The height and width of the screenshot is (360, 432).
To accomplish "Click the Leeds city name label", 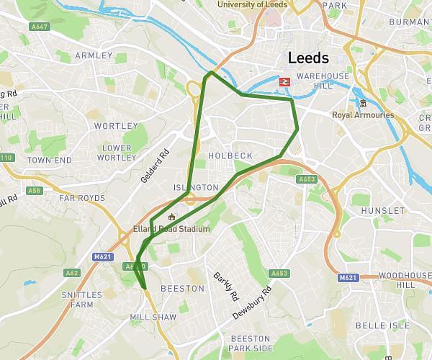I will (307, 58).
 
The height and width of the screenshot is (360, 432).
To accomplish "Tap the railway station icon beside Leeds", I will (284, 81).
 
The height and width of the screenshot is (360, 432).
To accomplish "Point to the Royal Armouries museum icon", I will (363, 102).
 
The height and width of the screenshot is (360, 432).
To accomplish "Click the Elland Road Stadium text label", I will (171, 229).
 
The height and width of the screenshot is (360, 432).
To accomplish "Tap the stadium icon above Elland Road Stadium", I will (171, 217).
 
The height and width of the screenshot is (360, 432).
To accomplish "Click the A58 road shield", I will (34, 191).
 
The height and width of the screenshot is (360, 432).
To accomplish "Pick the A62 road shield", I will (72, 273).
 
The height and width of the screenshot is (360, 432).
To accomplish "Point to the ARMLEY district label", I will (94, 55).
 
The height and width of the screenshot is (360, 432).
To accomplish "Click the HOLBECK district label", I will (230, 156).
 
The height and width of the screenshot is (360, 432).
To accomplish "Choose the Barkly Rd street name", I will (225, 286).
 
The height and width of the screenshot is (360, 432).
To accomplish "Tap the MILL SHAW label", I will (153, 317).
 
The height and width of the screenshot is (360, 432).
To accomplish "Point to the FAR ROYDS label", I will (81, 197).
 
